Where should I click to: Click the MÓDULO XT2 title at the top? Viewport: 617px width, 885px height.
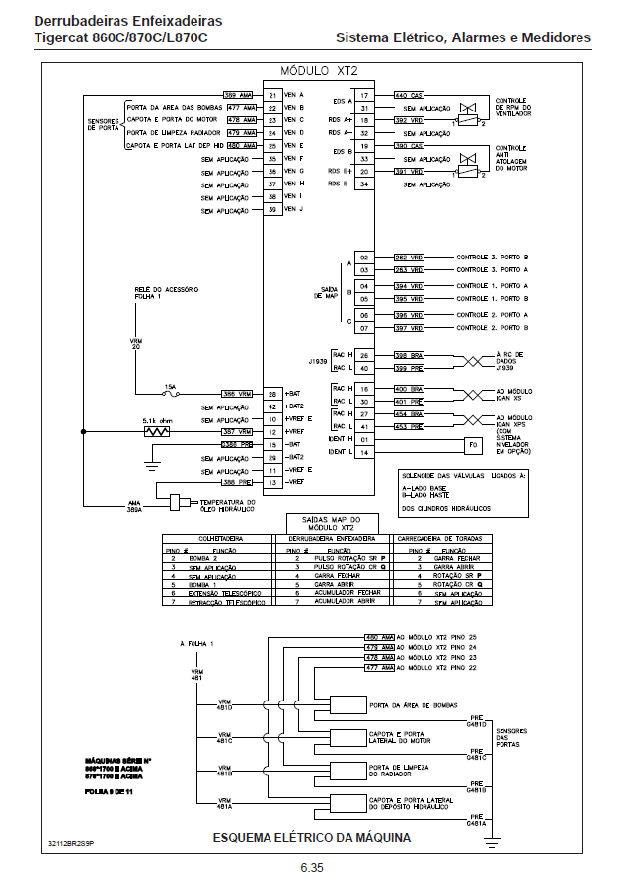(x=318, y=71)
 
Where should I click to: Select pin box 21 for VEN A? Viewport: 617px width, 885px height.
(x=271, y=94)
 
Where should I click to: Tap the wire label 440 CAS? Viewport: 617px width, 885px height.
(x=409, y=94)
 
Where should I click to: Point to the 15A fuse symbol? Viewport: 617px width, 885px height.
(x=170, y=393)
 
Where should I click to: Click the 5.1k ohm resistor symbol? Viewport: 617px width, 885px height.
(x=155, y=431)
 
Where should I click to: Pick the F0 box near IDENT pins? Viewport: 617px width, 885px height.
(x=472, y=445)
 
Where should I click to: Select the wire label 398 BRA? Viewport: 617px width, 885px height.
(x=409, y=355)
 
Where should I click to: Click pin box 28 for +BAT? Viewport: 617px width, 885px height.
(x=271, y=393)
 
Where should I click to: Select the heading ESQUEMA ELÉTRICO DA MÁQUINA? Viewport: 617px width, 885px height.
(x=312, y=838)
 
